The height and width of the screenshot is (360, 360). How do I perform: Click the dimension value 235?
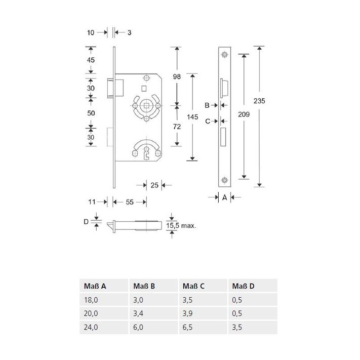(259, 101)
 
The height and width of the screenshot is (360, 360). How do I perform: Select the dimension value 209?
(244, 114)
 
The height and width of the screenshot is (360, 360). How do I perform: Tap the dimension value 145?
(192, 117)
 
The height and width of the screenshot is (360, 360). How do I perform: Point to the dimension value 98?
(177, 76)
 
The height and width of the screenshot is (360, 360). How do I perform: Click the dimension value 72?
(177, 127)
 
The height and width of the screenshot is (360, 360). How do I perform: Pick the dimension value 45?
(91, 60)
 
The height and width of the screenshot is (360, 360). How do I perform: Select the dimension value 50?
(91, 113)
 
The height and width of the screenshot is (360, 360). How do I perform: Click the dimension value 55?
(130, 202)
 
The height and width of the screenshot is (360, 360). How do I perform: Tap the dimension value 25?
(154, 185)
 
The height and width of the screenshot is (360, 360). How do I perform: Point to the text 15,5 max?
(181, 225)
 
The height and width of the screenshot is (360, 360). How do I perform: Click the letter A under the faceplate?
(224, 197)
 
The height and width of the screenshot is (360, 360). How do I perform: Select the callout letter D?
(86, 222)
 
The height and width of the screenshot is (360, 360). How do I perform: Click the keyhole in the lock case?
(146, 153)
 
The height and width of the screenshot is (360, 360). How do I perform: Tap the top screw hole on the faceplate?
(224, 55)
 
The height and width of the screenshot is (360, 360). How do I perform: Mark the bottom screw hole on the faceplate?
(224, 180)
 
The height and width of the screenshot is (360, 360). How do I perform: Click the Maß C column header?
(193, 286)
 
